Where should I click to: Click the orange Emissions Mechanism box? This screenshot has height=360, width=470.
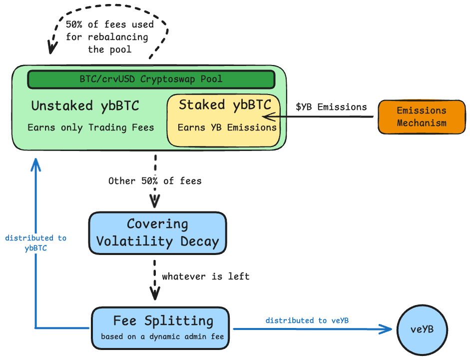[422, 116]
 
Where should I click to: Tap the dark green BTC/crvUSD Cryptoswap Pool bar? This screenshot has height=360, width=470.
[151, 79]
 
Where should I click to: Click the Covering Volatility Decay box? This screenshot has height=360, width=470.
[157, 233]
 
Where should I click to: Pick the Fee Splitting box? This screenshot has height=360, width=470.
[160, 327]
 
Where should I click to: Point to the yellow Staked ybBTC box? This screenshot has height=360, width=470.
[223, 120]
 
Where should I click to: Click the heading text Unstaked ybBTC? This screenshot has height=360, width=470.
[85, 106]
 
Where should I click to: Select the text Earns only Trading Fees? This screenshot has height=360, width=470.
[90, 127]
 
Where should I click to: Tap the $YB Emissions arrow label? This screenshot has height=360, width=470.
[331, 106]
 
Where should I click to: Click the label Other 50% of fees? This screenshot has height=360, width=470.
[155, 181]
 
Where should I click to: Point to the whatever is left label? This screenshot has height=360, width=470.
[205, 276]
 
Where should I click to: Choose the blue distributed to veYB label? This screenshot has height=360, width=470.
[307, 320]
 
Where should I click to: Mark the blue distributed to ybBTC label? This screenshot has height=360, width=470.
[36, 243]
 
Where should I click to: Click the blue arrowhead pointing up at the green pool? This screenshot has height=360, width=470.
[35, 164]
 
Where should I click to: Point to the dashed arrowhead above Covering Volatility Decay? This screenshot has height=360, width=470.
[155, 203]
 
